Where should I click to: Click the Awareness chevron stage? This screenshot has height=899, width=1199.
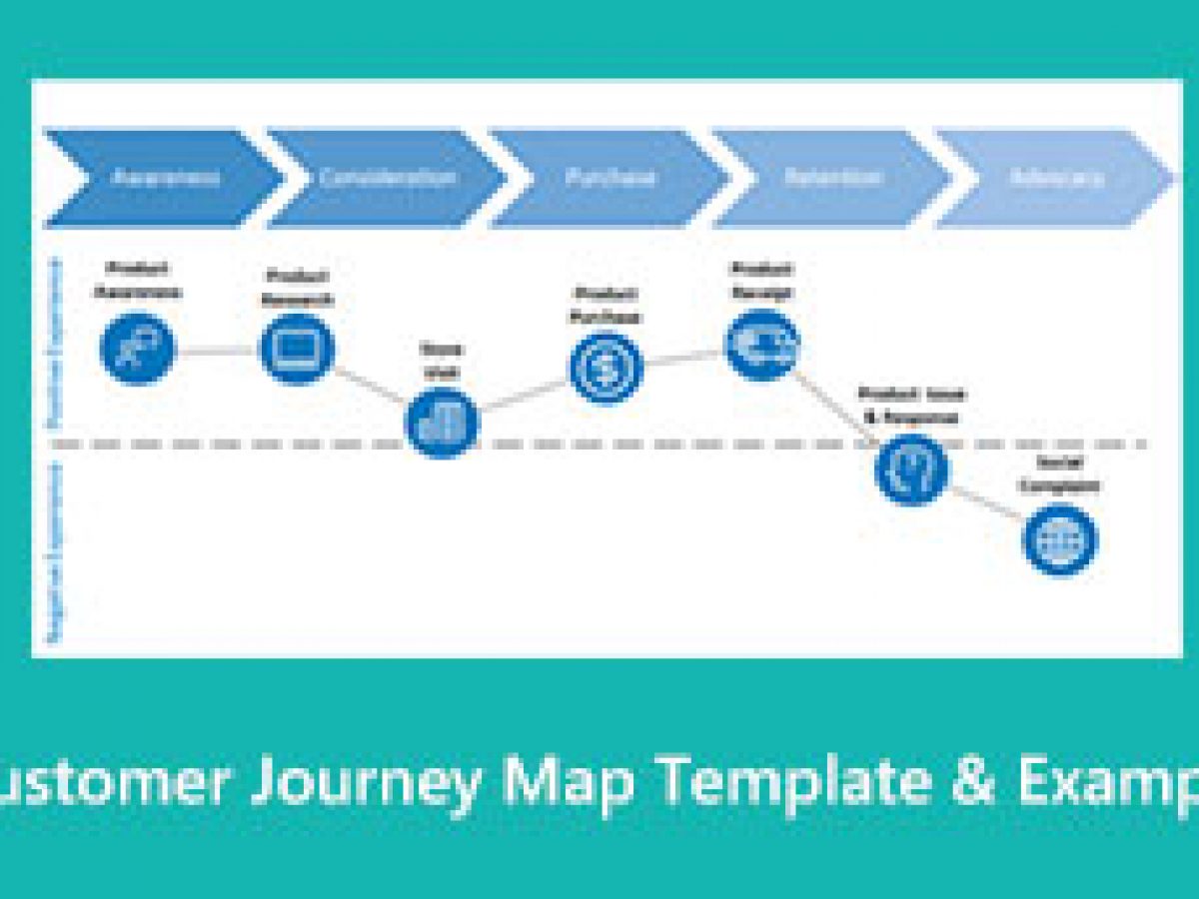[164, 178]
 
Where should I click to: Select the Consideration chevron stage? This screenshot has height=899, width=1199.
[388, 178]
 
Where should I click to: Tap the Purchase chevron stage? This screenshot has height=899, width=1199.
[610, 178]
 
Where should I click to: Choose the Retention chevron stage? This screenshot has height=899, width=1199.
[833, 178]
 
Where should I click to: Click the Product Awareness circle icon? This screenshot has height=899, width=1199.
[138, 348]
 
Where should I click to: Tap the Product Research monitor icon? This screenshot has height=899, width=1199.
[297, 348]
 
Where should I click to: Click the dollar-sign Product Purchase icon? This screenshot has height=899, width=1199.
[605, 368]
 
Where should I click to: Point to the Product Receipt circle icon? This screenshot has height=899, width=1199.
[761, 345]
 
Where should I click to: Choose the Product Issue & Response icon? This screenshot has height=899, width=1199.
[911, 468]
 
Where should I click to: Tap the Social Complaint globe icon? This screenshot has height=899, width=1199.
[1059, 539]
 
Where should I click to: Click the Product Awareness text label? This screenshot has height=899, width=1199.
[138, 280]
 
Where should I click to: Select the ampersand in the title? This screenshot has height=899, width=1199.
[973, 783]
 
